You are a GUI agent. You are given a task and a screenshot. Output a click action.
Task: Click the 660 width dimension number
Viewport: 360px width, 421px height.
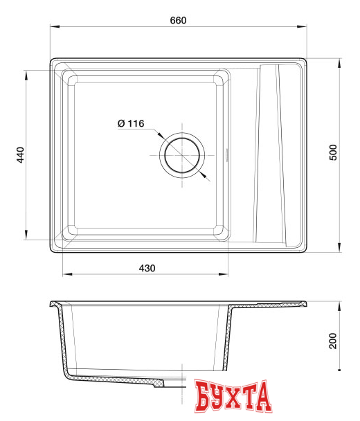(179, 19)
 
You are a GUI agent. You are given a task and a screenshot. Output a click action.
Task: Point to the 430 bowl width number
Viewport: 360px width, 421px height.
(147, 268)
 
